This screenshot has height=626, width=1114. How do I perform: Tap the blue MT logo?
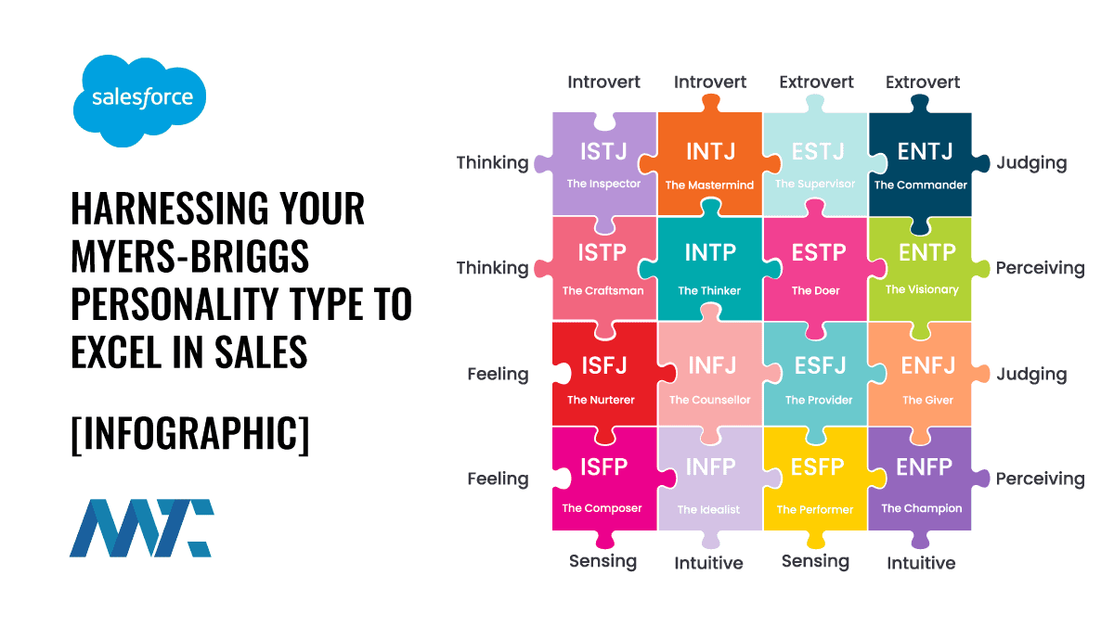click(142, 528)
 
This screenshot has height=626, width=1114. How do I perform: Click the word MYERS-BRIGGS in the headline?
click(190, 256)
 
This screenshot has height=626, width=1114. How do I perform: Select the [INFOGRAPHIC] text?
click(190, 433)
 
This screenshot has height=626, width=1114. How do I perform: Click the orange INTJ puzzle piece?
click(709, 164)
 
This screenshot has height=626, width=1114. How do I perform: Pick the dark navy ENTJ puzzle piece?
click(921, 164)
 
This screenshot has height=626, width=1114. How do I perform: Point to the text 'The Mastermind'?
click(709, 185)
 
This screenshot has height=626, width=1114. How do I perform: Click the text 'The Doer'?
click(816, 290)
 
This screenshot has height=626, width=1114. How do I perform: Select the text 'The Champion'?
click(922, 508)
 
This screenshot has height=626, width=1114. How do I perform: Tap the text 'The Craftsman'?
click(602, 290)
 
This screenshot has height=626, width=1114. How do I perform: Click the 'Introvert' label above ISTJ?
click(603, 82)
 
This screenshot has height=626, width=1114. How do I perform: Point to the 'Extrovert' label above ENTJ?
click(923, 82)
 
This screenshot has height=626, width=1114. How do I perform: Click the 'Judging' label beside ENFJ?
click(1032, 375)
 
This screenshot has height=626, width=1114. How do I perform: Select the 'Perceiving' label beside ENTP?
click(1040, 268)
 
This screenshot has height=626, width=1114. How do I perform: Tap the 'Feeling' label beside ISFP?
click(498, 479)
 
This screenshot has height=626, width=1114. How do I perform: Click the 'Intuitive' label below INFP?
click(708, 563)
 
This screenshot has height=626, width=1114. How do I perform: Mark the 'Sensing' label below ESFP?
click(816, 561)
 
